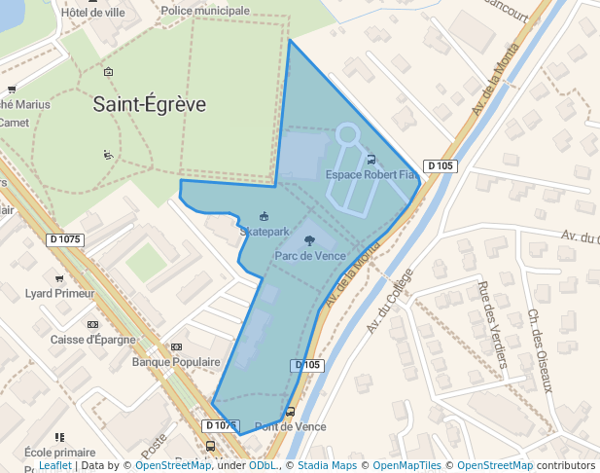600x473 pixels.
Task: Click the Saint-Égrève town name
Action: [150, 104]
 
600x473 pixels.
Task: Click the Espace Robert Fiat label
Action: [371, 175]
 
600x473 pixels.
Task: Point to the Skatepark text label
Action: [265, 232]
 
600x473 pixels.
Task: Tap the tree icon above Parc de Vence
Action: [309, 239]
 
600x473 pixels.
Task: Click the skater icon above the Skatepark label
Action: [263, 216]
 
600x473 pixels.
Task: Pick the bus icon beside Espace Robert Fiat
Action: [371, 160]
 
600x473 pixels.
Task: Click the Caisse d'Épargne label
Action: [92, 340]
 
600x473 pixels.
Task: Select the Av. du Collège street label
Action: [390, 301]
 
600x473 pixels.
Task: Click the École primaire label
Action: [60, 453]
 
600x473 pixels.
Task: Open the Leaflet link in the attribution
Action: [54, 466]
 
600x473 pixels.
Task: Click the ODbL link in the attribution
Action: [263, 466]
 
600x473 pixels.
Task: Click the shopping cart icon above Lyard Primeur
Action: [59, 278]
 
